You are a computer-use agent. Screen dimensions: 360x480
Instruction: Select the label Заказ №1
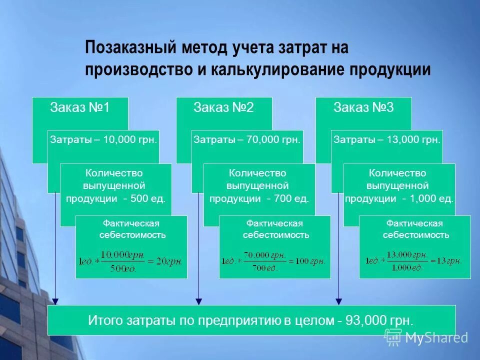(80, 108)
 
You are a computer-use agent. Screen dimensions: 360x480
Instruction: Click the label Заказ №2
(223, 108)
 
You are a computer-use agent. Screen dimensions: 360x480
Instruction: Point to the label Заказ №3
(363, 108)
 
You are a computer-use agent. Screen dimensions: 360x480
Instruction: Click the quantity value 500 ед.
(147, 198)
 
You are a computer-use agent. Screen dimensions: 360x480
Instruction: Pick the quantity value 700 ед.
(291, 198)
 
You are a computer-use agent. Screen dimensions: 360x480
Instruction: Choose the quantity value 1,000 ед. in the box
(434, 198)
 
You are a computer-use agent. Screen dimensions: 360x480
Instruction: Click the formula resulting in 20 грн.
(131, 260)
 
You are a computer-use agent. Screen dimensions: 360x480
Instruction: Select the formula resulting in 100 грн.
(274, 260)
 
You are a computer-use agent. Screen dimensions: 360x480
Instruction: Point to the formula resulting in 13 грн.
(414, 260)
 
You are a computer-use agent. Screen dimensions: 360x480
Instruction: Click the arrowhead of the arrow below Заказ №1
(55, 301)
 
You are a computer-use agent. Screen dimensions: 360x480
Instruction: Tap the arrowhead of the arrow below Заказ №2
(199, 301)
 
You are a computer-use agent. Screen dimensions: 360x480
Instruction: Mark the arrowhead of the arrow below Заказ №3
(339, 301)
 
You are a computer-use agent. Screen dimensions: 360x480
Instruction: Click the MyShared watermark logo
(426, 337)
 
